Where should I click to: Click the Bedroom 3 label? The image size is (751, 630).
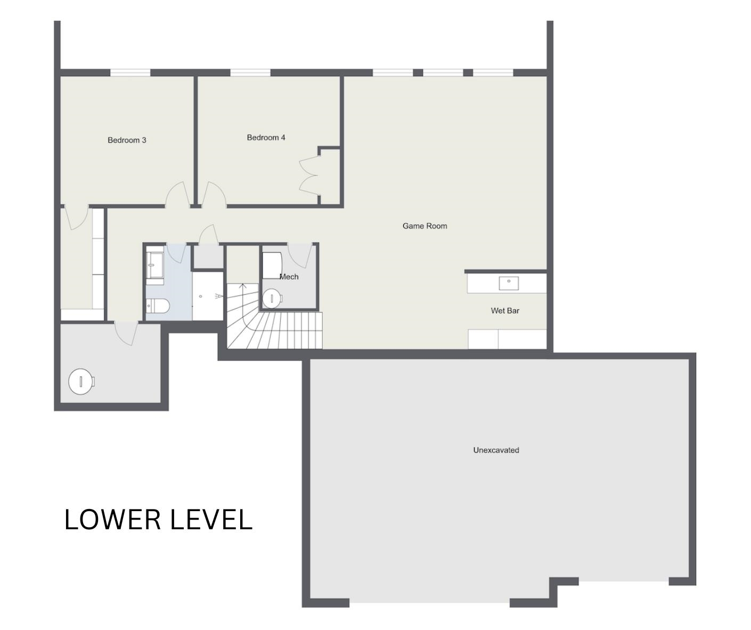tap(127, 140)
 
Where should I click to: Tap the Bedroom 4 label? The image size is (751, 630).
tap(266, 138)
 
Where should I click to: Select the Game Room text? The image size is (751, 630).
tap(425, 226)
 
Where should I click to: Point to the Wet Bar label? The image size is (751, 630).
tap(505, 311)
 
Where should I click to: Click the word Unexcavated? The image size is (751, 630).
tap(496, 450)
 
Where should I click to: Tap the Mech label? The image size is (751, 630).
tap(289, 277)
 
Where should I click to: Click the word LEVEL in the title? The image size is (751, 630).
tap(211, 520)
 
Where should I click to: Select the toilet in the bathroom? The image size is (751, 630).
tap(158, 306)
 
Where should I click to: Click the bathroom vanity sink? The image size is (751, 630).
tap(155, 265)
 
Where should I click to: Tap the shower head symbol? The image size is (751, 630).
tap(219, 296)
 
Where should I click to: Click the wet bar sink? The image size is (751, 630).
tap(509, 284)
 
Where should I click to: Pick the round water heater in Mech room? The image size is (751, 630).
tap(272, 298)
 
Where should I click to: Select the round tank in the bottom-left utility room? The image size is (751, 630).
tap(81, 381)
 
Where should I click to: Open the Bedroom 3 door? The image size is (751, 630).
tap(178, 195)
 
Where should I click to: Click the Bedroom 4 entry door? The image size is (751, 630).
tap(214, 195)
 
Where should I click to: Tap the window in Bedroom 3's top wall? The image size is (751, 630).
tap(130, 72)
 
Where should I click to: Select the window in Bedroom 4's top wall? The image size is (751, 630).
tap(250, 72)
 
